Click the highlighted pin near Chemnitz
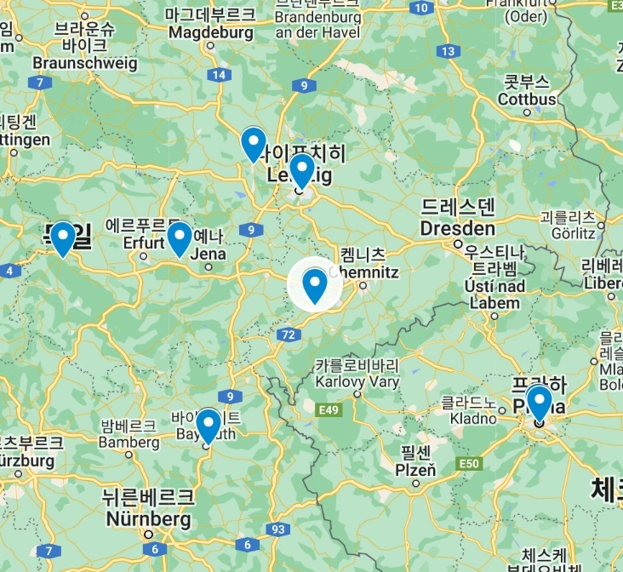coord(315,284)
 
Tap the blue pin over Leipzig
coord(302,169)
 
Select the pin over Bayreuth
coord(209,425)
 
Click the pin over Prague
coord(539,403)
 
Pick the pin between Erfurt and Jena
coord(179,237)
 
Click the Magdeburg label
coord(211,32)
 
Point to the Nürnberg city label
coord(149,518)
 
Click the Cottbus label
coord(528,99)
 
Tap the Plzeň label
coord(415,469)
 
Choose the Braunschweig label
coord(84,62)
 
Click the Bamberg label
coord(129,442)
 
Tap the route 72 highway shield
coord(287,335)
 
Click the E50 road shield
coord(469,462)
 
